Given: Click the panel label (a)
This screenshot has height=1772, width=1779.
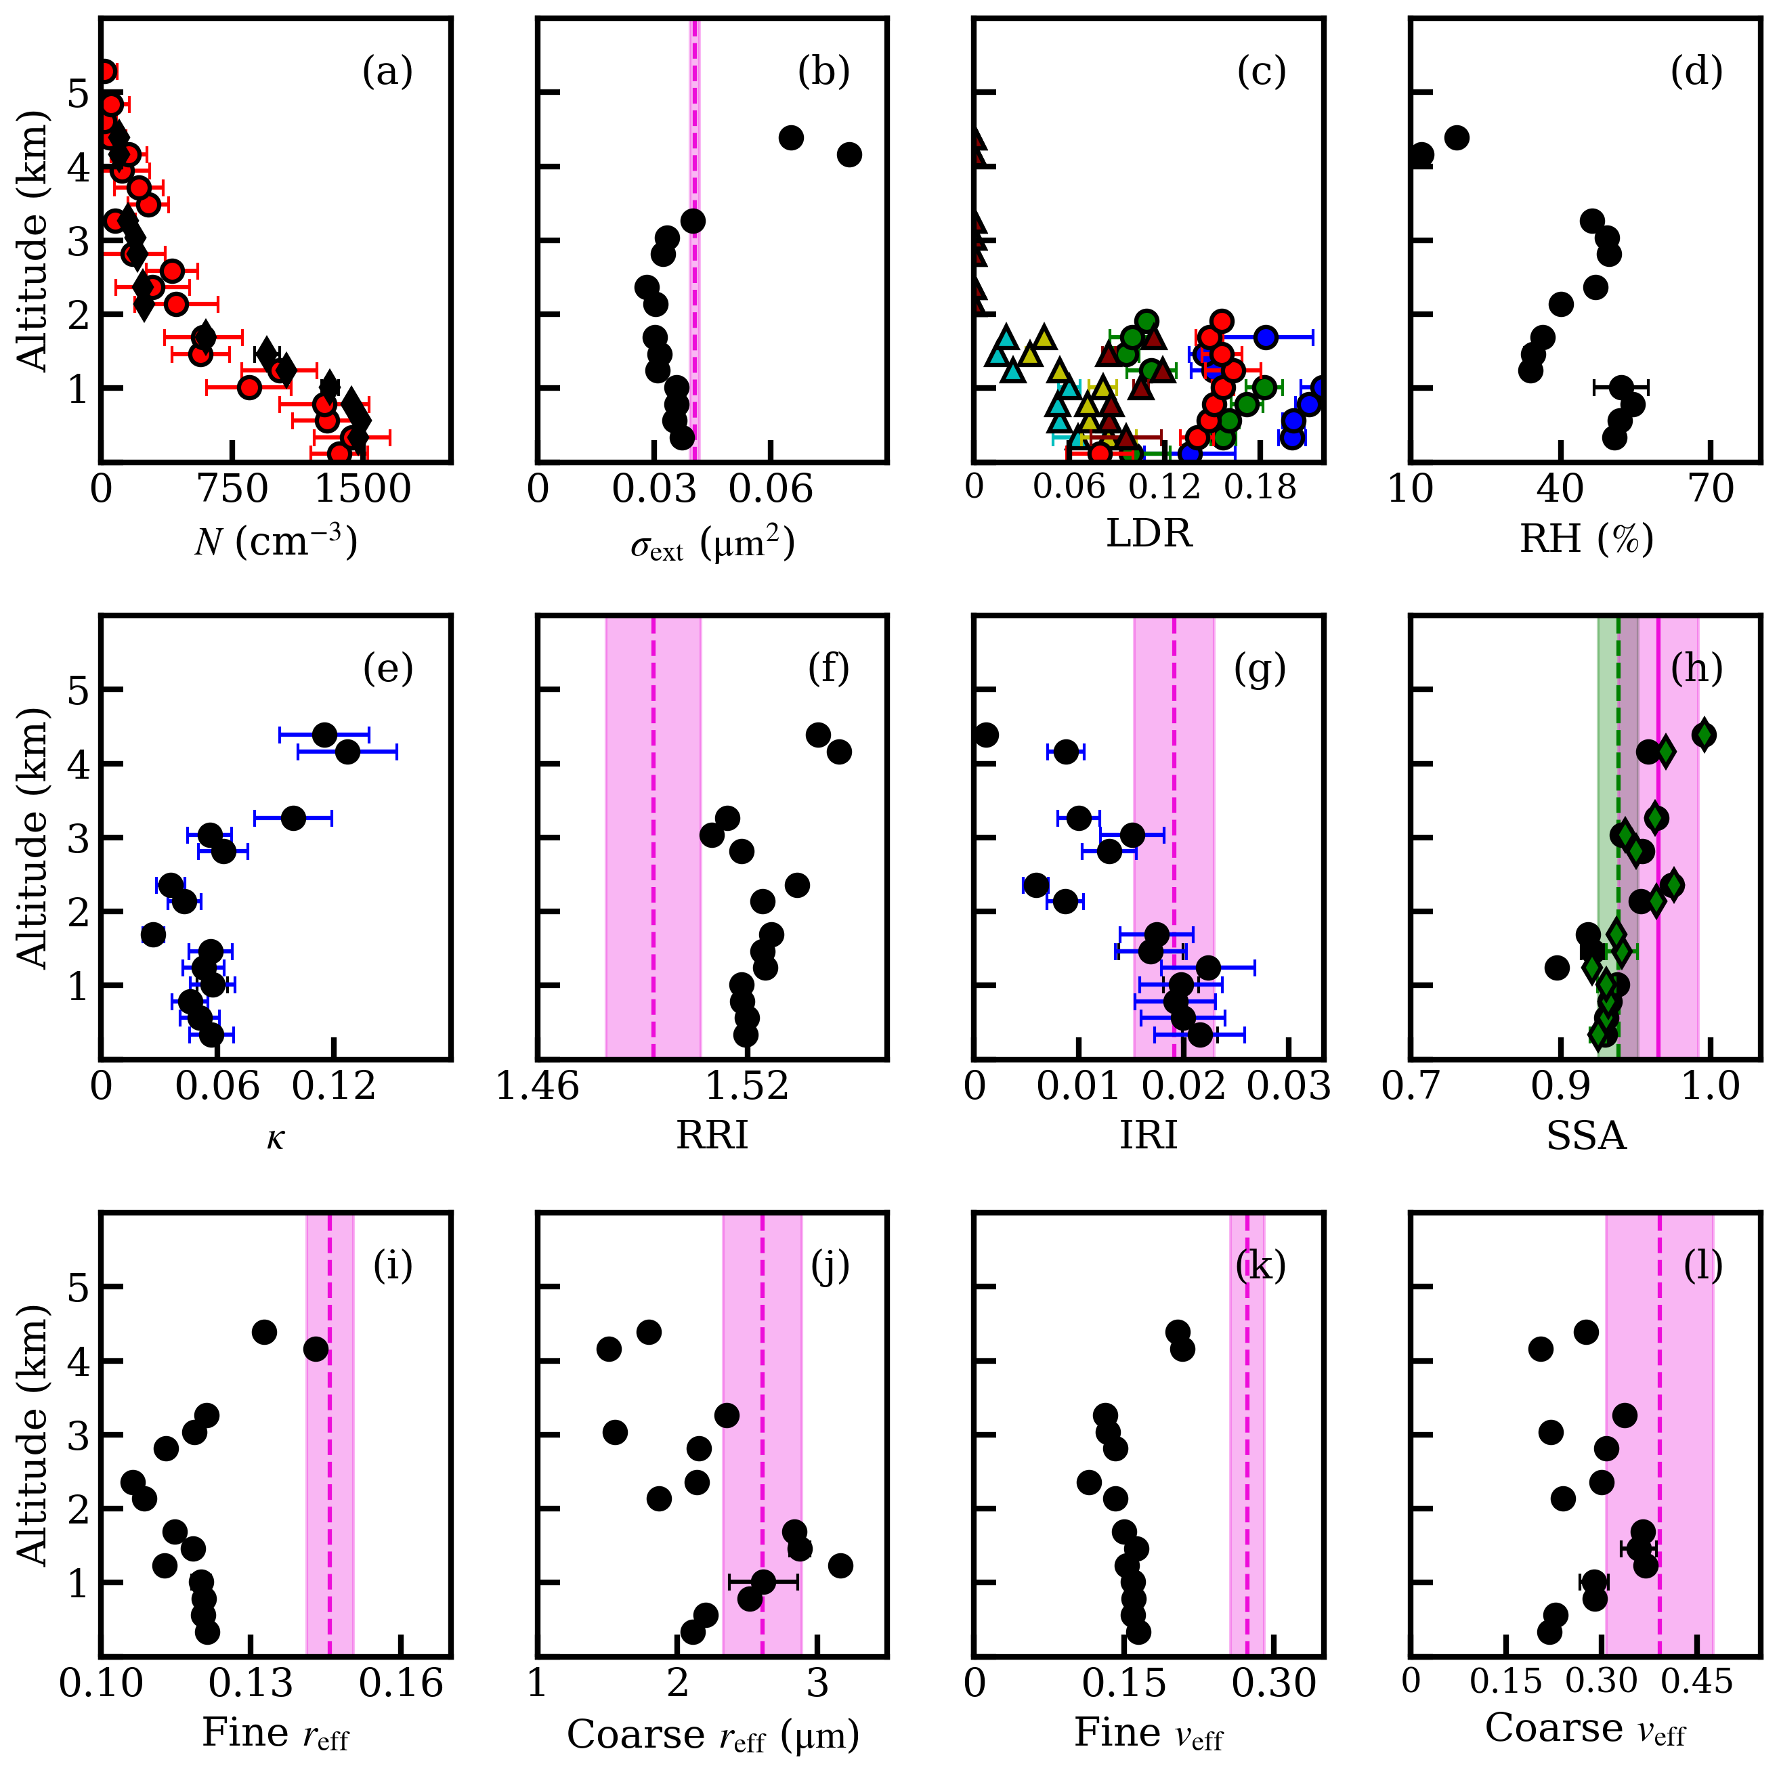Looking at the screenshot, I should [387, 72].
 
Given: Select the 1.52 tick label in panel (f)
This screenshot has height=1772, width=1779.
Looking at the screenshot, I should [747, 1086].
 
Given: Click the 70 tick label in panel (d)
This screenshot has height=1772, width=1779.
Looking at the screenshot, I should [1711, 489].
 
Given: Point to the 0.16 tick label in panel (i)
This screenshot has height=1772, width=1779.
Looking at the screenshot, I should [402, 1683].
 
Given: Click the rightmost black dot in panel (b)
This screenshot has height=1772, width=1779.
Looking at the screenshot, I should [849, 154].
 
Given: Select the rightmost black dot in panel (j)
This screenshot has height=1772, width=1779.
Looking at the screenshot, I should [840, 1565].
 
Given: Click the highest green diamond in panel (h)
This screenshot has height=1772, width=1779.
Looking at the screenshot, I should [1704, 735].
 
